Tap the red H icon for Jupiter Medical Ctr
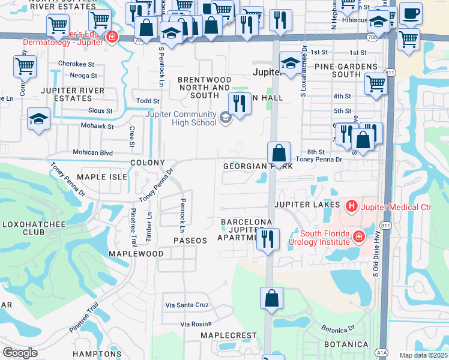[351, 208]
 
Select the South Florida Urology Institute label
[325, 238]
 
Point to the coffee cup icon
[411, 13]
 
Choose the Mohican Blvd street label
[93, 153]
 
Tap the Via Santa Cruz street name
[187, 305]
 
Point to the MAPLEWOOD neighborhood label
[136, 254]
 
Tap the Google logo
[20, 353]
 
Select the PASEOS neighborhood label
[190, 240]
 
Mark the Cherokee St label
[77, 64]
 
